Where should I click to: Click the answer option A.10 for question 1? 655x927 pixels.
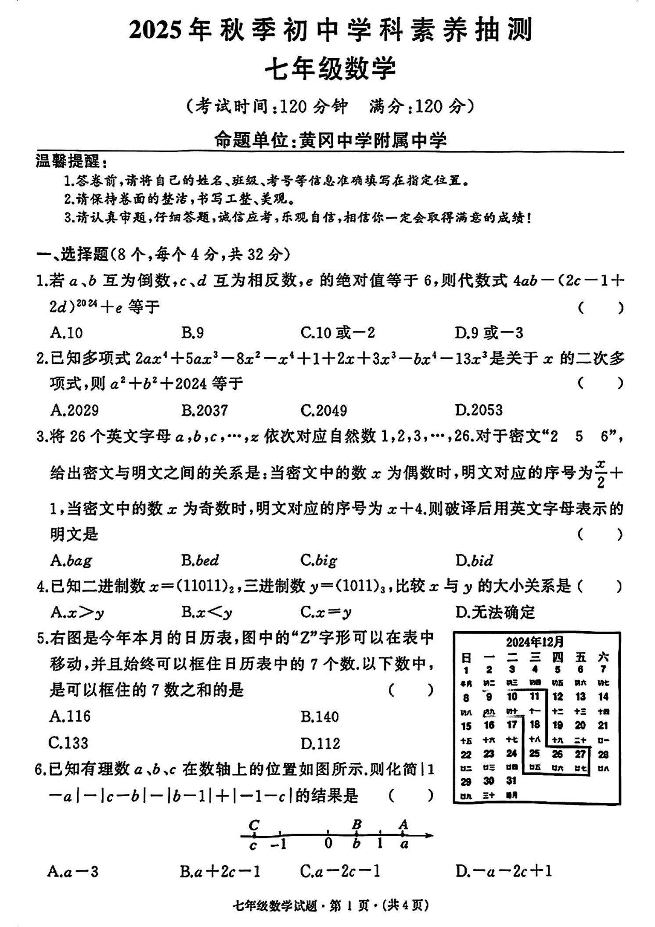coord(66,333)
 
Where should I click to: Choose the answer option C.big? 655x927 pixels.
coord(319,560)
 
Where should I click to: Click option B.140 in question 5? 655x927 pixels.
coord(320,717)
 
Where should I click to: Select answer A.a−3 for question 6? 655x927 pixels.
coord(73,871)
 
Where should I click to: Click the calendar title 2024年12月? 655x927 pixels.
coord(535,642)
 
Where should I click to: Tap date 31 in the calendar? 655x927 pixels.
coord(511,780)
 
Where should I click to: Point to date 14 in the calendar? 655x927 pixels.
coord(603,696)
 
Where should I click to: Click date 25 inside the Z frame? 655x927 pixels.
coord(534,753)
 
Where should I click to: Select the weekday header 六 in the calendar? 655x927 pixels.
coord(603,657)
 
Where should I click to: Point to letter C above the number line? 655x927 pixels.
coord(254,825)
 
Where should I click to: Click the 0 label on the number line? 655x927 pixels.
coord(328,843)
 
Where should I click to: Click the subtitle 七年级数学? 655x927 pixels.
coord(330,69)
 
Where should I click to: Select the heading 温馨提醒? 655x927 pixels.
coord(68,162)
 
